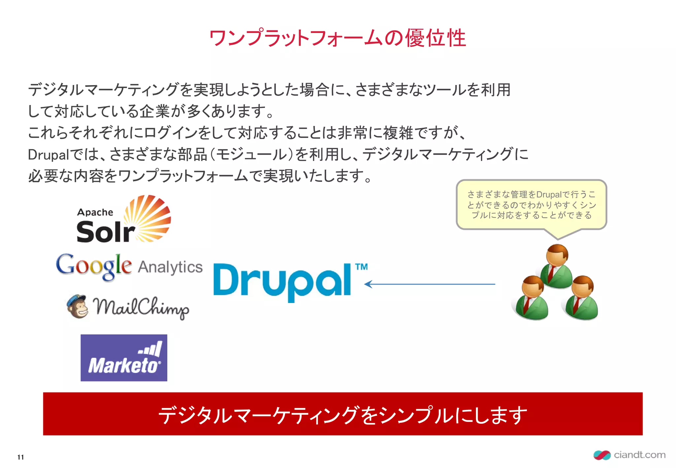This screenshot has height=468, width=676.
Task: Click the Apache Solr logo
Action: point(123,220)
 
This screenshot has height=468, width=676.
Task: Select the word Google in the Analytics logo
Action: point(94,266)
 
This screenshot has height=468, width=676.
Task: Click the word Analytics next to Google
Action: point(170,267)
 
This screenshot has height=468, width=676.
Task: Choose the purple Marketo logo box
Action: point(124,358)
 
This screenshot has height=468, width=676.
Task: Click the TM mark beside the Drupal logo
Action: point(361,267)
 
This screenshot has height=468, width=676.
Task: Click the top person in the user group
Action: point(557,266)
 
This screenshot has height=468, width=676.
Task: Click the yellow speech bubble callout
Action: point(531,205)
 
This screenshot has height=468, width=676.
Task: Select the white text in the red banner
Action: point(343,415)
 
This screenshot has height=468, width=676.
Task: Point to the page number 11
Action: point(20,457)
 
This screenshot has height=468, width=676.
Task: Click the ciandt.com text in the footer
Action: point(639,455)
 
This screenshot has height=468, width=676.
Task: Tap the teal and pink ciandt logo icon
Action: point(602,455)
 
